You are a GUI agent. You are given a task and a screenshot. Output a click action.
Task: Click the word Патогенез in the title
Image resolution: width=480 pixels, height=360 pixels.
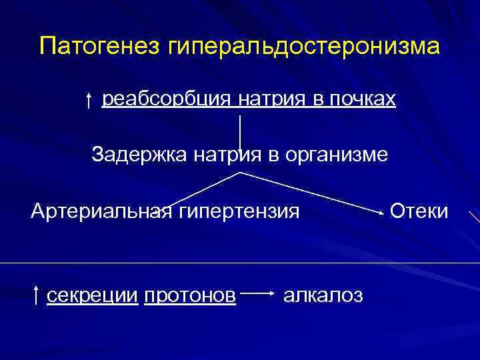[x=99, y=47]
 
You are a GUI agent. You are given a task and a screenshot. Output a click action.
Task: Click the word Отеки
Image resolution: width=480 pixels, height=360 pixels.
[x=419, y=212]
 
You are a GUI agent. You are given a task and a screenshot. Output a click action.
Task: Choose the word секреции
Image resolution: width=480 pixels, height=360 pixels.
[x=92, y=295]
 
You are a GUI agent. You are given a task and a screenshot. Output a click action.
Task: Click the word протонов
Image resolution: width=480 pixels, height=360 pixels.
[x=189, y=295]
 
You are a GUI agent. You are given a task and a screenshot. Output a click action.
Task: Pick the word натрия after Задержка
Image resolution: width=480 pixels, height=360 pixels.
[x=223, y=155]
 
